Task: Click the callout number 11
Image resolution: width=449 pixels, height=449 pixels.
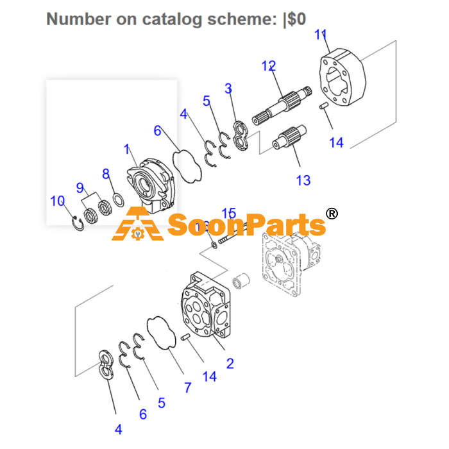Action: tap(321, 35)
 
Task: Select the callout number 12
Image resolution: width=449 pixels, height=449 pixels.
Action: tap(269, 66)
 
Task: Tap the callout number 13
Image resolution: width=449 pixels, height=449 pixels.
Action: tap(303, 180)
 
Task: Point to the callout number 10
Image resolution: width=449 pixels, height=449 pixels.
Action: tap(57, 201)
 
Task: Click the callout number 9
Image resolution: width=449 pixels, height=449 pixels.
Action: tap(80, 188)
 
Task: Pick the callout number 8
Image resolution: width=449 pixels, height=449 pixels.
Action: tap(106, 174)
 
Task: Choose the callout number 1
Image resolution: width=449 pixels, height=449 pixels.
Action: tap(127, 149)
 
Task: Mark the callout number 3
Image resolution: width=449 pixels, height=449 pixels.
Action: tap(228, 89)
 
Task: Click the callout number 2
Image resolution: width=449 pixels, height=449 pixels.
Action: tap(230, 364)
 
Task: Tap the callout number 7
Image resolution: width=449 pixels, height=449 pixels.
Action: tap(187, 387)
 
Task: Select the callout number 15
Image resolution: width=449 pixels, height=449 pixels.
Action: tap(229, 213)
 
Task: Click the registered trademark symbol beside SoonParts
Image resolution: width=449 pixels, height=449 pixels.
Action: tap(332, 214)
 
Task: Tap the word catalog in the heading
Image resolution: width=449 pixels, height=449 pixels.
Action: tap(172, 19)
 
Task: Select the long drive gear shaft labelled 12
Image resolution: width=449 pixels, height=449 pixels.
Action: tap(282, 105)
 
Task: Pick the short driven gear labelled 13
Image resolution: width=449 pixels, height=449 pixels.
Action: tap(289, 137)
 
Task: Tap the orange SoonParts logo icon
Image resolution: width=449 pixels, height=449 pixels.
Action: tap(138, 224)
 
